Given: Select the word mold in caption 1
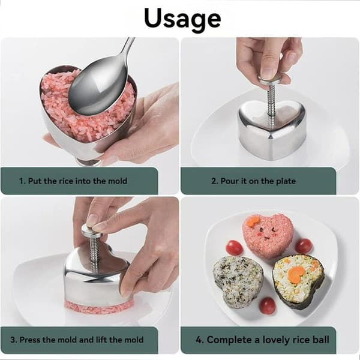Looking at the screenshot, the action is [118, 181].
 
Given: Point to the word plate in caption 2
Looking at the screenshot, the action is [286, 181].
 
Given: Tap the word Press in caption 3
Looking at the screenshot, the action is [28, 340].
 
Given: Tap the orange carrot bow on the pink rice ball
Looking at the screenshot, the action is [252, 221].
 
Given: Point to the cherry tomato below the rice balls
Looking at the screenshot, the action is [268, 306].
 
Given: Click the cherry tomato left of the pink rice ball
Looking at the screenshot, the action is [234, 247].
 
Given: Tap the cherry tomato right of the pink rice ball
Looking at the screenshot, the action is [304, 245].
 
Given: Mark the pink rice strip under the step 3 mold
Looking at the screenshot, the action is [100, 304].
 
